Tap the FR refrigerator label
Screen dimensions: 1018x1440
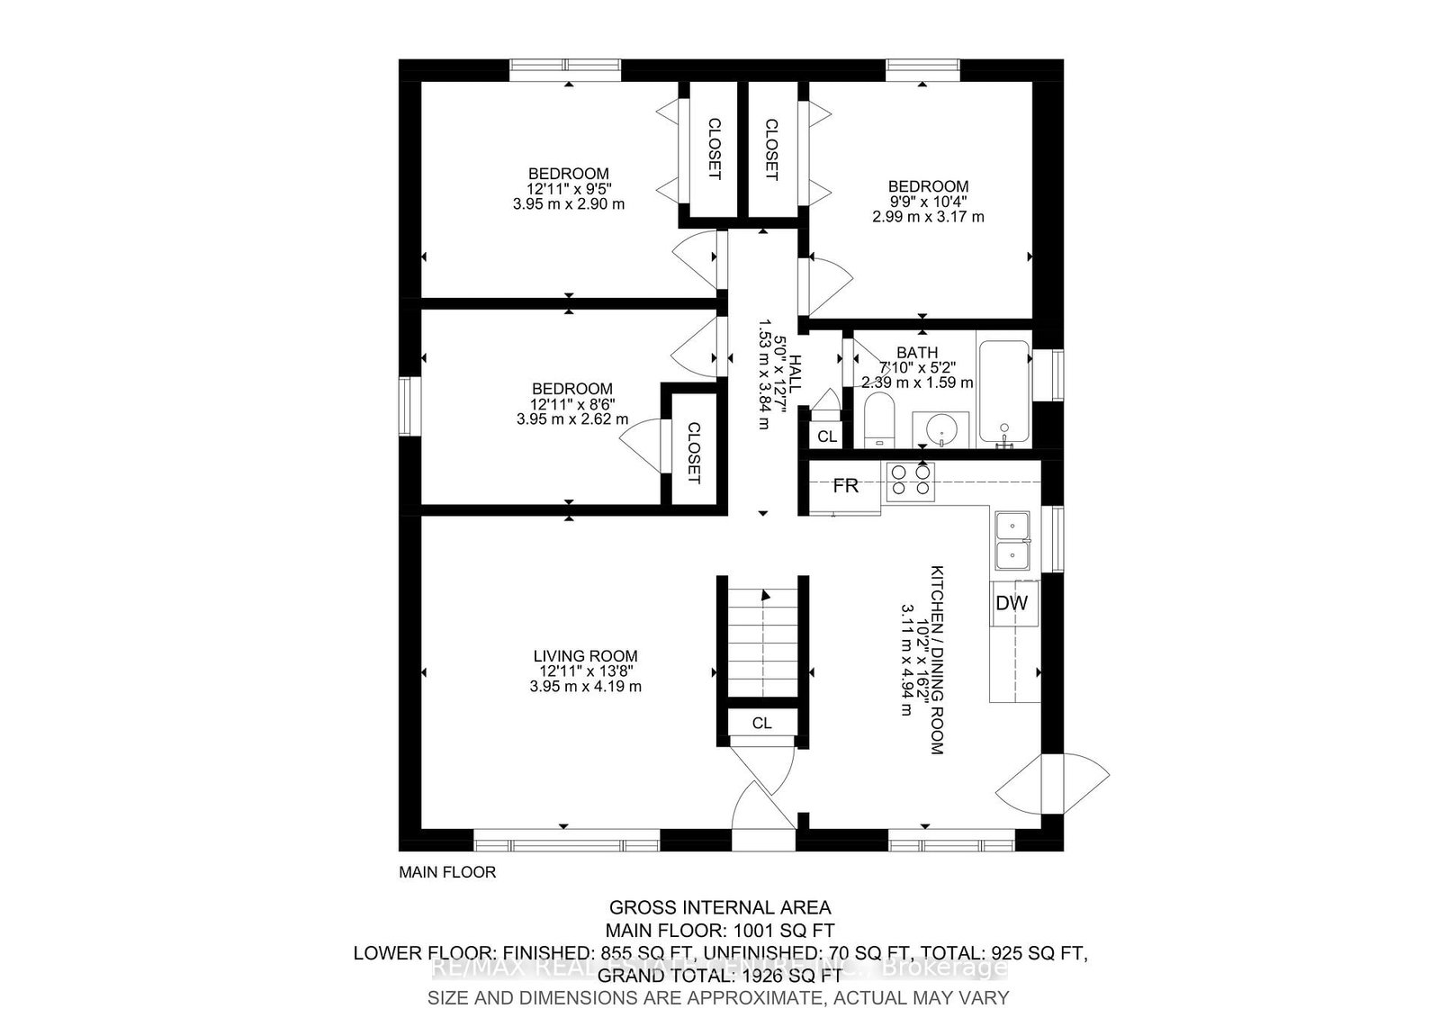tap(845, 486)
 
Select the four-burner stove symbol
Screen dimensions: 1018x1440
tap(910, 481)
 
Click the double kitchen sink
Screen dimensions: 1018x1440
tap(1013, 540)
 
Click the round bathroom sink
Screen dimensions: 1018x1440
tap(940, 430)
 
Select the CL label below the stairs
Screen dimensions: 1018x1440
tap(761, 723)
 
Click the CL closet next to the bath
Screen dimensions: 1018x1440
tap(826, 437)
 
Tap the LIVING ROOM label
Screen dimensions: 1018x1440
tap(585, 656)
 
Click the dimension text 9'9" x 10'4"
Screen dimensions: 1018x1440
tap(927, 202)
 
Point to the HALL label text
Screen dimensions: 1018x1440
tap(796, 373)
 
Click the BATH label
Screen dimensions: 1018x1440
tap(916, 353)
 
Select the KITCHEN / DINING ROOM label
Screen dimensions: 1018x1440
tap(937, 659)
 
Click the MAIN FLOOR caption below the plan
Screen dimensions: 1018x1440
tap(447, 872)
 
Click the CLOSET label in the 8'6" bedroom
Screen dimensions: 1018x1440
tap(693, 453)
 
